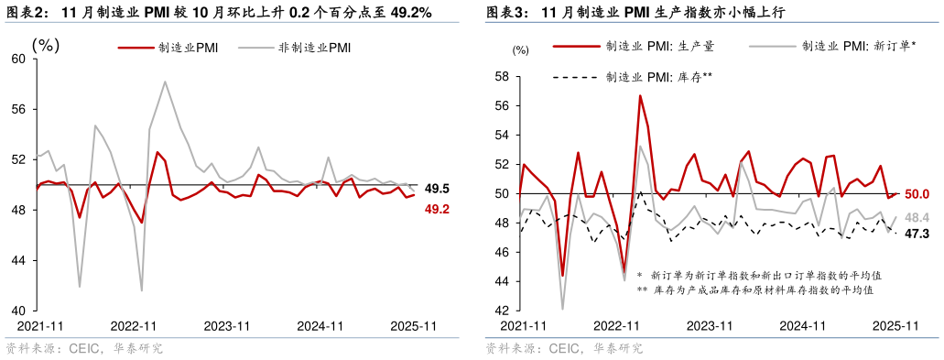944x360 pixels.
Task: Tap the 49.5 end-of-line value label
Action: tap(438, 189)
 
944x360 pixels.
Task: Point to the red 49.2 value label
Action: tap(438, 210)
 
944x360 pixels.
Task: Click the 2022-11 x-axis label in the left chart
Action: tap(135, 325)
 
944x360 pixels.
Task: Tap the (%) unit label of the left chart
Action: tap(46, 43)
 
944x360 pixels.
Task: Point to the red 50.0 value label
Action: tap(917, 194)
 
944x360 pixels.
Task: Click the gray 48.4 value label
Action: tap(917, 217)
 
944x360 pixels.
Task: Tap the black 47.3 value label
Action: tap(917, 234)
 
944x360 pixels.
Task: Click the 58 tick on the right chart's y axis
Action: tap(502, 77)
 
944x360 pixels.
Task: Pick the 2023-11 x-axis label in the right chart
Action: tap(710, 325)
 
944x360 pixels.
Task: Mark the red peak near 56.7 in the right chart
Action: tap(640, 95)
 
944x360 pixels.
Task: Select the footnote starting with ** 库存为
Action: tap(755, 289)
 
